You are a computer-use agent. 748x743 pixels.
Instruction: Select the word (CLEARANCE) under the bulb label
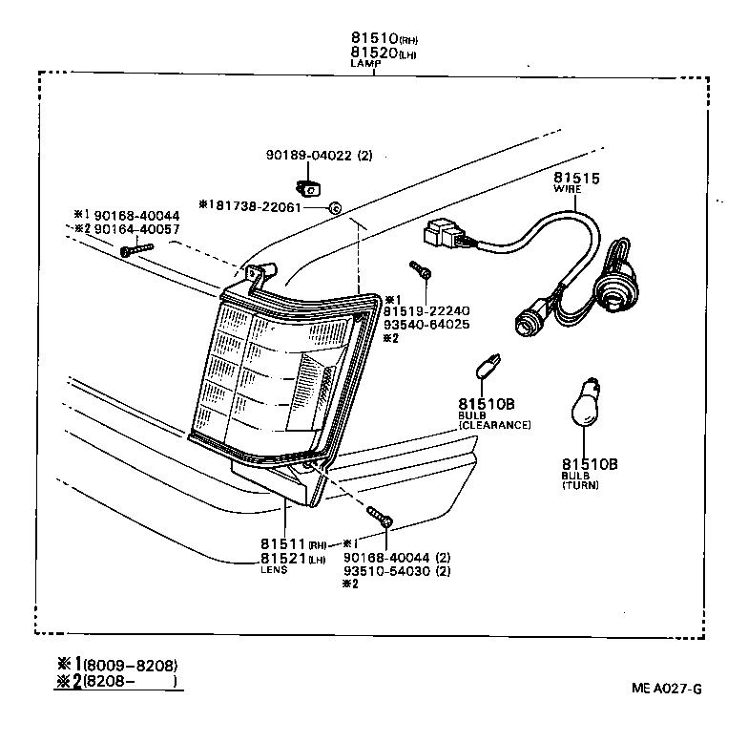(494, 424)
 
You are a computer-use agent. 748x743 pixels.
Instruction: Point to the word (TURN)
(581, 486)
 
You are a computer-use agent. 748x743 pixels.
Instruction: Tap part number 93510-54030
(384, 571)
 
